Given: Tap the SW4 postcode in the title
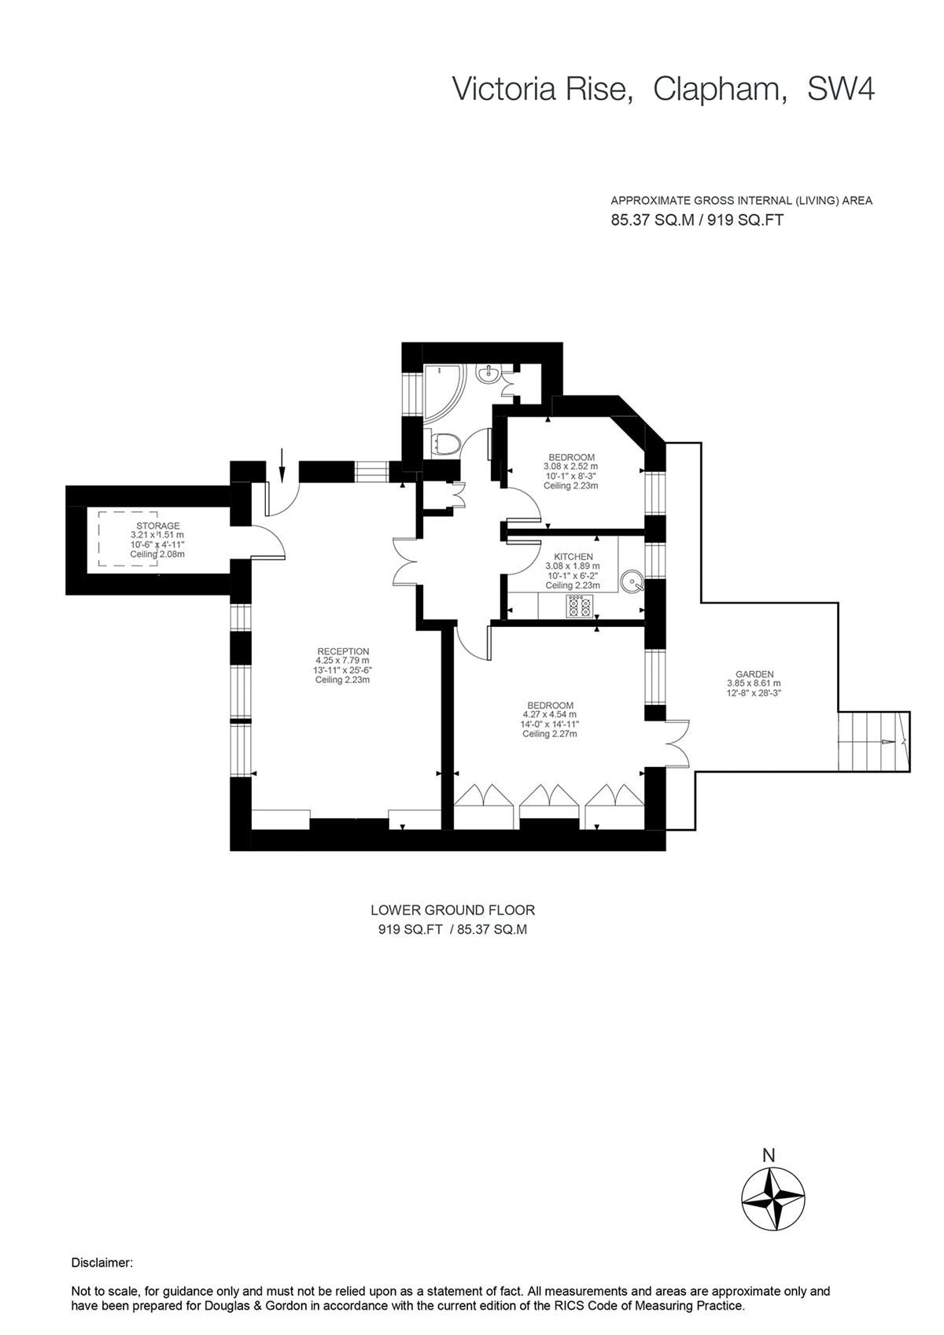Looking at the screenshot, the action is tap(840, 89).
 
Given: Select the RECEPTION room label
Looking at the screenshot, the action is tap(343, 651).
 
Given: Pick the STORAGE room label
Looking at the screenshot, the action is tap(158, 526).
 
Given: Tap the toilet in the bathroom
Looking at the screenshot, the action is tap(445, 444).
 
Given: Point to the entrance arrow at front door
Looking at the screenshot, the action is tap(282, 466).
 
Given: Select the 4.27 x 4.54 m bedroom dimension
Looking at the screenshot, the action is tap(549, 714).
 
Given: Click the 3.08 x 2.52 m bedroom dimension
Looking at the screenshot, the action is tap(570, 466).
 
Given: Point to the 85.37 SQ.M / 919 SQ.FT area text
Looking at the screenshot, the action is tap(697, 220).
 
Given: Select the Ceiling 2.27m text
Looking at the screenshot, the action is tap(549, 734).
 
